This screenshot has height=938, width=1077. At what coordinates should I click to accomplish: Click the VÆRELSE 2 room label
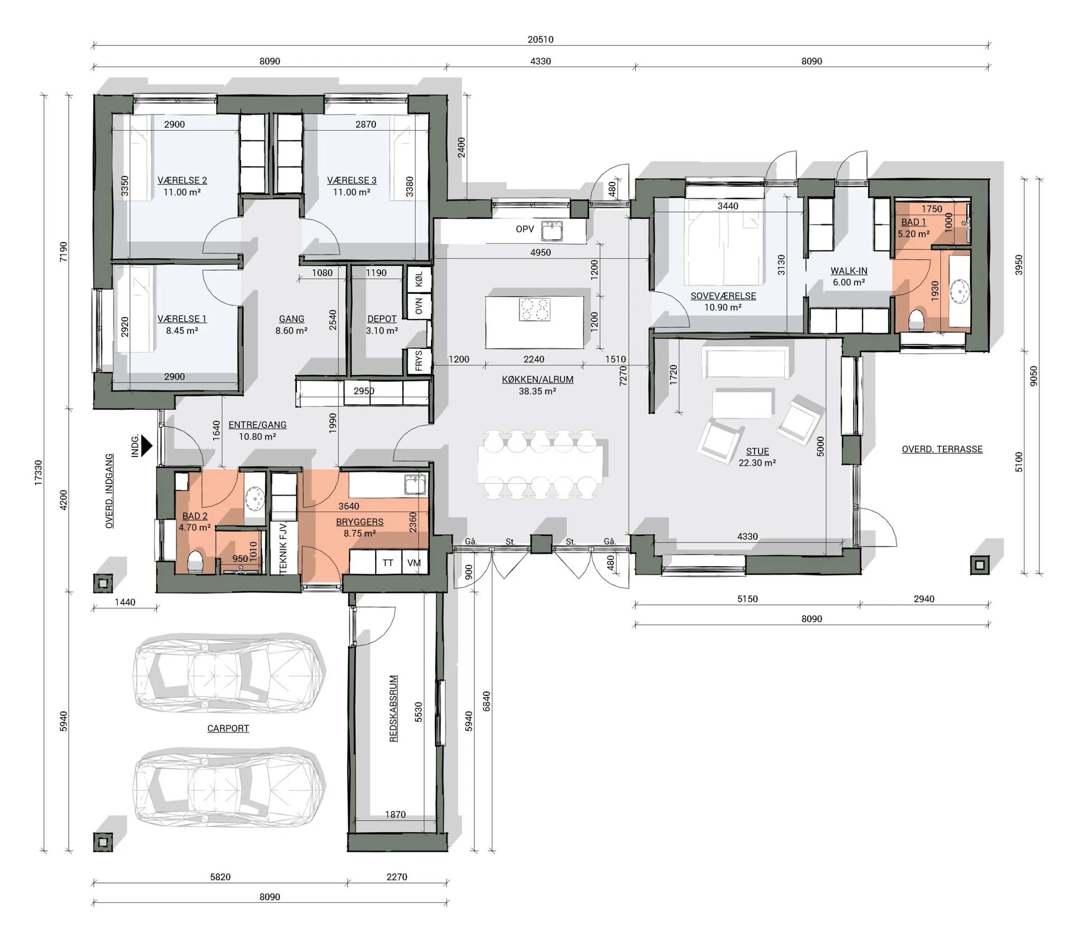click(x=182, y=180)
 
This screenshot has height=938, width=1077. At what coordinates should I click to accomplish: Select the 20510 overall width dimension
click(x=540, y=39)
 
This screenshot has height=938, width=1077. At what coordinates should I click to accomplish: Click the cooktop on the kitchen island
click(x=535, y=309)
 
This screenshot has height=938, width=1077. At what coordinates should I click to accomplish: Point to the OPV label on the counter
click(x=525, y=229)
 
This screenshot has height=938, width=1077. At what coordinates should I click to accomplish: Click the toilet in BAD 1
click(x=916, y=320)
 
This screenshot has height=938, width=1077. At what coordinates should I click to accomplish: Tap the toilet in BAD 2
click(x=195, y=562)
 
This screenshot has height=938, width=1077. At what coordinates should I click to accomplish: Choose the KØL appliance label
click(x=419, y=280)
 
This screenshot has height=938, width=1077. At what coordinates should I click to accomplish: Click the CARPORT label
click(x=228, y=728)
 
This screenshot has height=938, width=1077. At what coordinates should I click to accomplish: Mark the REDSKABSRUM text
click(x=394, y=709)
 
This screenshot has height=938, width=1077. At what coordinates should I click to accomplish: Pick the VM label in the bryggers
click(x=414, y=563)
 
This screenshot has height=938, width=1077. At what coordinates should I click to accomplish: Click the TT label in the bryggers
click(x=388, y=563)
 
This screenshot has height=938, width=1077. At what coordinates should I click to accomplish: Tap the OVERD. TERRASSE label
click(x=942, y=449)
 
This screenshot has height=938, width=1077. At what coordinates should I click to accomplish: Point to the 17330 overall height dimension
click(x=38, y=473)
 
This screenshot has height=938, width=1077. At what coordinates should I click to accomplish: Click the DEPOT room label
click(x=382, y=319)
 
